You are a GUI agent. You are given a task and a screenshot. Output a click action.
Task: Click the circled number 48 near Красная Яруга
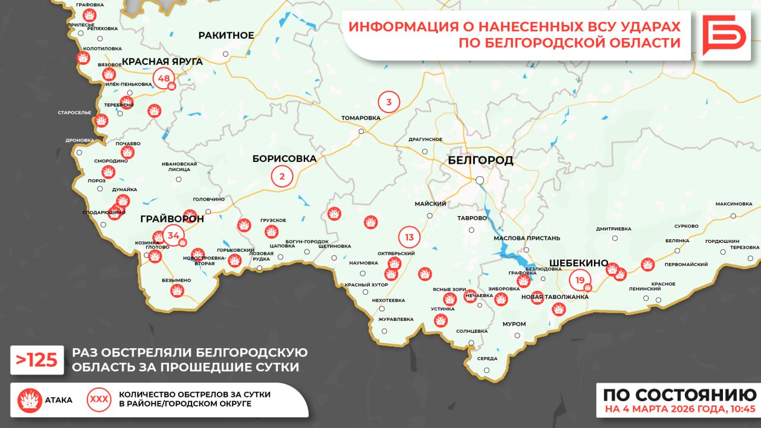[163, 79]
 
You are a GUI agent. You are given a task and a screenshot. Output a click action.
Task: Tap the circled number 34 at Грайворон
[174, 236]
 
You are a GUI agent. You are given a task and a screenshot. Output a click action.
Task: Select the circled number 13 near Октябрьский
[409, 237]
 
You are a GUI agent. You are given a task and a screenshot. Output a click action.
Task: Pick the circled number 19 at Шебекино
[580, 280]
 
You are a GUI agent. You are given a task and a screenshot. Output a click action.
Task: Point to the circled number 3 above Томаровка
[389, 102]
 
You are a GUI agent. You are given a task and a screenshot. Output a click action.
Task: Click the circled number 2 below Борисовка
[282, 176]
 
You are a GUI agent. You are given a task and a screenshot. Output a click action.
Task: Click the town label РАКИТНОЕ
[226, 36]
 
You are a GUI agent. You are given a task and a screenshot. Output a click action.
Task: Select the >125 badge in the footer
[37, 360]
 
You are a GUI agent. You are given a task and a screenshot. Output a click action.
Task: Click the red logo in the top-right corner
[724, 35]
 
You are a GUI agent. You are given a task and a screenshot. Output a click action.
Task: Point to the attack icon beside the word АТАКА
[29, 400]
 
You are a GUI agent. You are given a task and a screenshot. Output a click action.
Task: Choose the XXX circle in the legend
[99, 399]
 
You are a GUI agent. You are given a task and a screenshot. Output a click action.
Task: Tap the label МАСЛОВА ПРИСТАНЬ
[527, 238]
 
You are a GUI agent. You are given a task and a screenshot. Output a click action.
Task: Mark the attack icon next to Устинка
[441, 320]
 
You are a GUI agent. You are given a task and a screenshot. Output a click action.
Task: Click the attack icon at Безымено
[177, 290]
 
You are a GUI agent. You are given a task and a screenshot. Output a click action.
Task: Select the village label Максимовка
[734, 204]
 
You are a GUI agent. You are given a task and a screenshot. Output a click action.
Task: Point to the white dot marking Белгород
[479, 180]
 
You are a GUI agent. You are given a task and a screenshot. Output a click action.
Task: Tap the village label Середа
[487, 359]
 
